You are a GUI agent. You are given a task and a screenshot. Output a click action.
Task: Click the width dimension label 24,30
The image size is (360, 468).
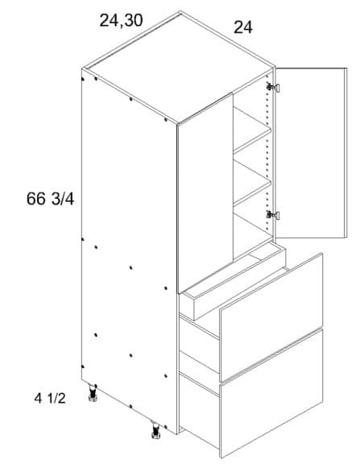click(x=121, y=21)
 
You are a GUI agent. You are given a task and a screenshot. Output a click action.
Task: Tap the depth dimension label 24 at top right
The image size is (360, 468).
click(x=243, y=27)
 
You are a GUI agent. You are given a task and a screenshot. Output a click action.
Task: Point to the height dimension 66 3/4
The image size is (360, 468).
click(x=50, y=199)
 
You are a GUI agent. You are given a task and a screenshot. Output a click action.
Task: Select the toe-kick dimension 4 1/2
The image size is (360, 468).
click(x=50, y=399)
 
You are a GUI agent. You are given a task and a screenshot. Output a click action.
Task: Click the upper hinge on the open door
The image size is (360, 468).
click(x=273, y=87)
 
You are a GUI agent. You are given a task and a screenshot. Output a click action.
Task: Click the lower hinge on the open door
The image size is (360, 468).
click(x=273, y=214)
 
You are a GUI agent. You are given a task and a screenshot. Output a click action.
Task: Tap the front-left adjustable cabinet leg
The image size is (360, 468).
click(x=93, y=393)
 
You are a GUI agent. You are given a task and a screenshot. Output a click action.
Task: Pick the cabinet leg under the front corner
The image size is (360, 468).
click(x=155, y=430)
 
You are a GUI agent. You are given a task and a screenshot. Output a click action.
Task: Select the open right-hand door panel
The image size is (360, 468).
click(x=311, y=153)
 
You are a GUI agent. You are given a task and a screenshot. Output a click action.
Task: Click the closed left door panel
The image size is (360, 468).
click(x=205, y=193)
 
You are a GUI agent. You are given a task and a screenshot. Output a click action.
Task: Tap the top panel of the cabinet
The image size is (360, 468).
click(x=178, y=67)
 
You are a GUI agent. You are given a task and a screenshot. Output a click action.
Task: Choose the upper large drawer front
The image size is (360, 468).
click(x=271, y=317)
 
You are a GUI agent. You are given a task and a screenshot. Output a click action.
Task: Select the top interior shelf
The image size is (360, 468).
click(x=252, y=130)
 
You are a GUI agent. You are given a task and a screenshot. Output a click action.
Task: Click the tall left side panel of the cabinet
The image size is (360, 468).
click(x=129, y=251)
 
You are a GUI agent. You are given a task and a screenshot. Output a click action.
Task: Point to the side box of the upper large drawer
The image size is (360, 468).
click(x=199, y=343)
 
